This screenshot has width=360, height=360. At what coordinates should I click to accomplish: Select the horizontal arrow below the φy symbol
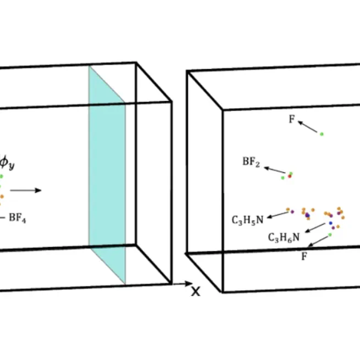click(25, 190)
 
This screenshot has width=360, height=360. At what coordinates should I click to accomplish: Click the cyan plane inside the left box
click(107, 176)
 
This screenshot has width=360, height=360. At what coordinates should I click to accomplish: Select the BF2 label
click(251, 163)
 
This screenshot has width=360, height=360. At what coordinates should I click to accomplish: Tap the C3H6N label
click(284, 237)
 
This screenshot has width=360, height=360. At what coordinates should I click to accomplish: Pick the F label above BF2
click(291, 119)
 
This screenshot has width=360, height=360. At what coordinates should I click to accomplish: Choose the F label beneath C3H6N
click(304, 256)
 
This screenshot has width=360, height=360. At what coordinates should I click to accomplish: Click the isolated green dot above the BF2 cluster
click(322, 134)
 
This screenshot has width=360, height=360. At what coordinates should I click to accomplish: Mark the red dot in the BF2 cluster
click(289, 176)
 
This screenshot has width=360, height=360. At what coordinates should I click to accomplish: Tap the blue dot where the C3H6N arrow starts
click(330, 223)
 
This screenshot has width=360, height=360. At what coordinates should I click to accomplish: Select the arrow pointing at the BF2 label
click(274, 169)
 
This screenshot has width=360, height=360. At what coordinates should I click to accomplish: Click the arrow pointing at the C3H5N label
click(277, 214)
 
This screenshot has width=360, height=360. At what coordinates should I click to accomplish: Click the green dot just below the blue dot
click(330, 235)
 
